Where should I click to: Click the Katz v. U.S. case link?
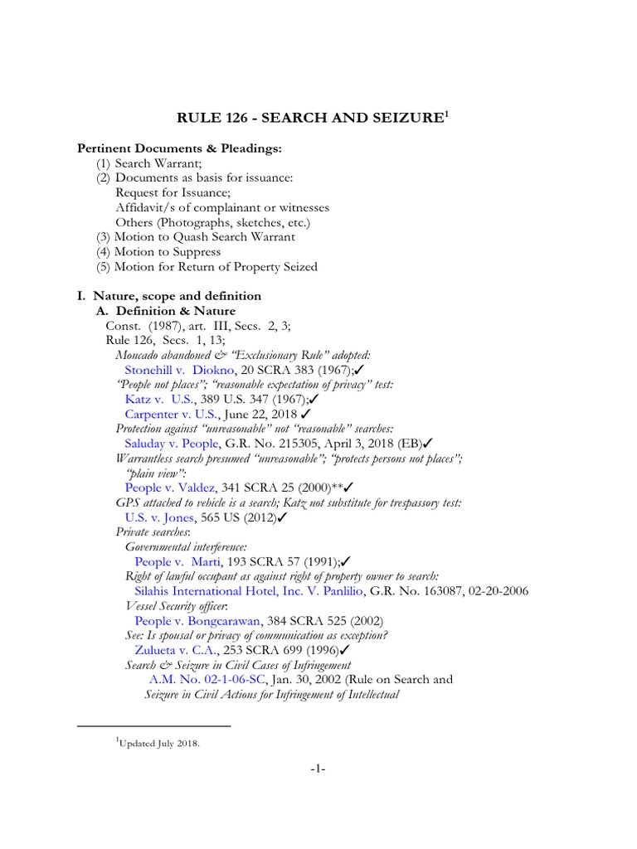coord(159,399)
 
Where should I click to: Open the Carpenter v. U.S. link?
coord(172,414)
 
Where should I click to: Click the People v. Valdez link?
coord(172,488)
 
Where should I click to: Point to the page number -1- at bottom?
coord(318,769)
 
